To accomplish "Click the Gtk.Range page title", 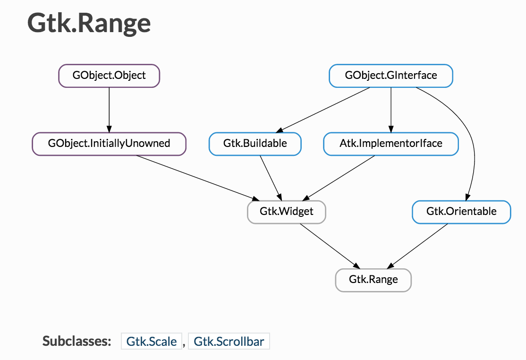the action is [89, 23].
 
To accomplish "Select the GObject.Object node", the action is [109, 76].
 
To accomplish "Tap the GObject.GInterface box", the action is [391, 76].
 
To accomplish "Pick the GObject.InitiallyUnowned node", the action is [109, 144].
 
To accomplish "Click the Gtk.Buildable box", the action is [255, 144].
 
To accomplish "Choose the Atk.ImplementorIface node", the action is [391, 144].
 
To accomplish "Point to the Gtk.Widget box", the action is [287, 212].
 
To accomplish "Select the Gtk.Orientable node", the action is [461, 212].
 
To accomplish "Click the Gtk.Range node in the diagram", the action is [373, 280].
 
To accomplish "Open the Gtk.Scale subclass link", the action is [151, 341].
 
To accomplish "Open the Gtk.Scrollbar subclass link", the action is [229, 341].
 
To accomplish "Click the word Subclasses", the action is [77, 341].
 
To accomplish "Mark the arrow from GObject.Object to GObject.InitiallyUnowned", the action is [109, 110].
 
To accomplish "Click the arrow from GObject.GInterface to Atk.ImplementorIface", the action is [391, 110].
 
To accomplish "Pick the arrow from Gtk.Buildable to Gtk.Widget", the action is [271, 178].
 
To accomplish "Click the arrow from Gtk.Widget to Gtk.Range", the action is [330, 246].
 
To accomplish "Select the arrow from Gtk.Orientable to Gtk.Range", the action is [417, 246].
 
